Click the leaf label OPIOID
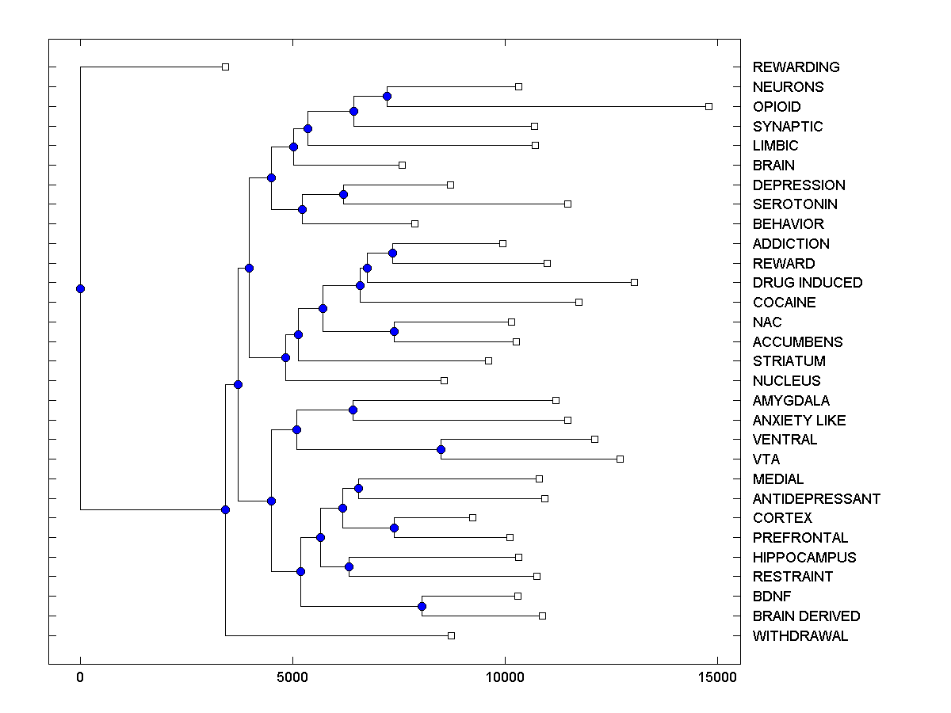pos(777,107)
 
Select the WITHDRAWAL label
pos(800,636)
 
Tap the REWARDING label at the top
pos(796,67)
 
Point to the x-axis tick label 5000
pos(292,677)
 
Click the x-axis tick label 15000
pos(716,677)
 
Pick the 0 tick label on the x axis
pos(80,677)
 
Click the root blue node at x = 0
pos(80,288)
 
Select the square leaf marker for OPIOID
pos(709,106)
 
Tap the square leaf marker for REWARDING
pos(225,67)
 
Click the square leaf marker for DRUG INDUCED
pos(634,282)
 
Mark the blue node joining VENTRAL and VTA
pos(441,449)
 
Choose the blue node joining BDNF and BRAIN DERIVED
pos(422,606)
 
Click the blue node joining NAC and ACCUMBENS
pos(394,331)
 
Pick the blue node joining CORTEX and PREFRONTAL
pos(394,528)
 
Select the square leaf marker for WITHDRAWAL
pos(451,635)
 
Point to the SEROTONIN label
pos(795,204)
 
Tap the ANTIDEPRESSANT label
pos(816,499)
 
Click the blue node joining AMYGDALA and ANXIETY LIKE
pos(353,410)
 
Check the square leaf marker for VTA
pos(620,459)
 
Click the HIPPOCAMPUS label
pos(804,558)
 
